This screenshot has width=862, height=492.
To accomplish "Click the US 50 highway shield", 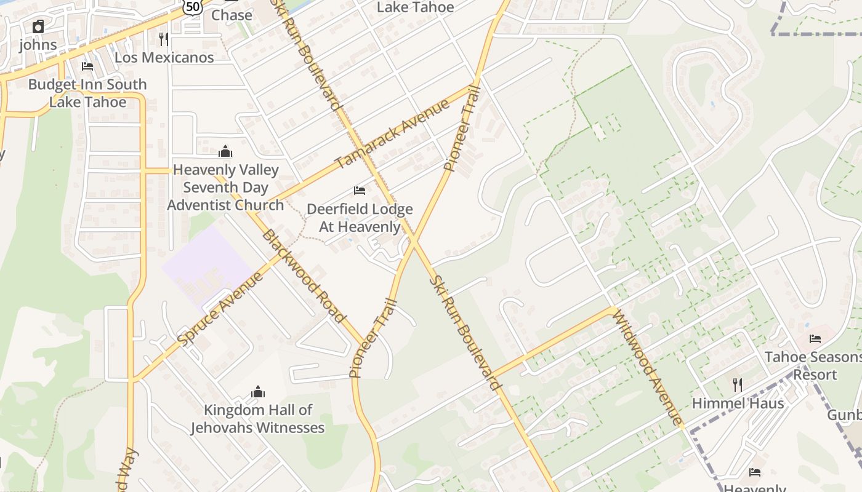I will (192, 6).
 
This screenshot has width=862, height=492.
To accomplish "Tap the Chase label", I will (232, 15).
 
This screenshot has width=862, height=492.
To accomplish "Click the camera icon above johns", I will (38, 26).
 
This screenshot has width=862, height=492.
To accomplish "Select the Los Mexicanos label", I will (164, 57).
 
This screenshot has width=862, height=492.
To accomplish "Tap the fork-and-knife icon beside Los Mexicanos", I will (163, 39).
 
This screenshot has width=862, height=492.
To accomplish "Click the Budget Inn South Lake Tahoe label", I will (87, 93).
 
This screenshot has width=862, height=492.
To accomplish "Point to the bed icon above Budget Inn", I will (87, 66).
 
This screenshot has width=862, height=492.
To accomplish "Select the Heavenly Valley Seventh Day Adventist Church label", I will (225, 187).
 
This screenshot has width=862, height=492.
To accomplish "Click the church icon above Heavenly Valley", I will (225, 151).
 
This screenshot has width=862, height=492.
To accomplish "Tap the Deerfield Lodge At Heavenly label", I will (360, 218).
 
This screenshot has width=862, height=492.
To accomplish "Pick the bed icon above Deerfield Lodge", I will (360, 191).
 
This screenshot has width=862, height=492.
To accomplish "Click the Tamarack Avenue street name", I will (392, 135).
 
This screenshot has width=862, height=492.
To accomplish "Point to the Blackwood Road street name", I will (303, 276).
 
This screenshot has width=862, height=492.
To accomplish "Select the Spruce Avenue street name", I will (220, 308).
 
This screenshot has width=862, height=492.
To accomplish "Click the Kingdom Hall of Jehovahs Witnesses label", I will (257, 419).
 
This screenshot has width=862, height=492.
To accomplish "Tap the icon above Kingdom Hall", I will (258, 392).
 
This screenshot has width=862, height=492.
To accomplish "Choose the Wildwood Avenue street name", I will (648, 370).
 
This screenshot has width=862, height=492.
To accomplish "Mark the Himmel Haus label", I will (738, 403).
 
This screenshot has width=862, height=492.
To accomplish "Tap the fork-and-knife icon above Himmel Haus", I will (737, 385).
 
